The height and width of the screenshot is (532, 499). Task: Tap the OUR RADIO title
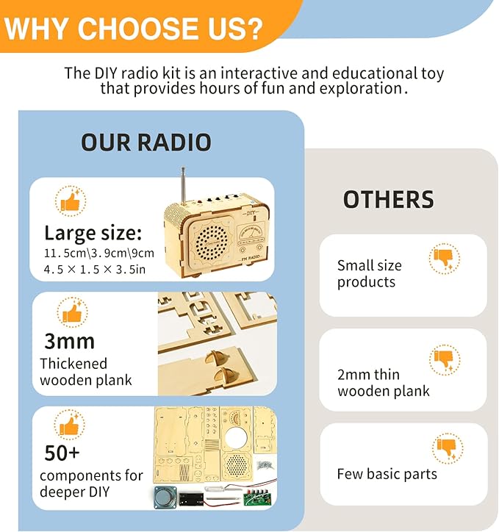coord(146,142)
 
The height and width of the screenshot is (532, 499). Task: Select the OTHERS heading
coord(388,199)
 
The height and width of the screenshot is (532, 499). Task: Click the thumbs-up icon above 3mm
coord(71,313)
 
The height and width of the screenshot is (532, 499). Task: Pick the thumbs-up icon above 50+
coord(71,425)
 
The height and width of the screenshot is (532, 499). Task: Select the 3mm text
coord(69,341)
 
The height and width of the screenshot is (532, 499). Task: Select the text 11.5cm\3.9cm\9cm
coord(99,254)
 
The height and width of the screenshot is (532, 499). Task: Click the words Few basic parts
coord(387,474)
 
